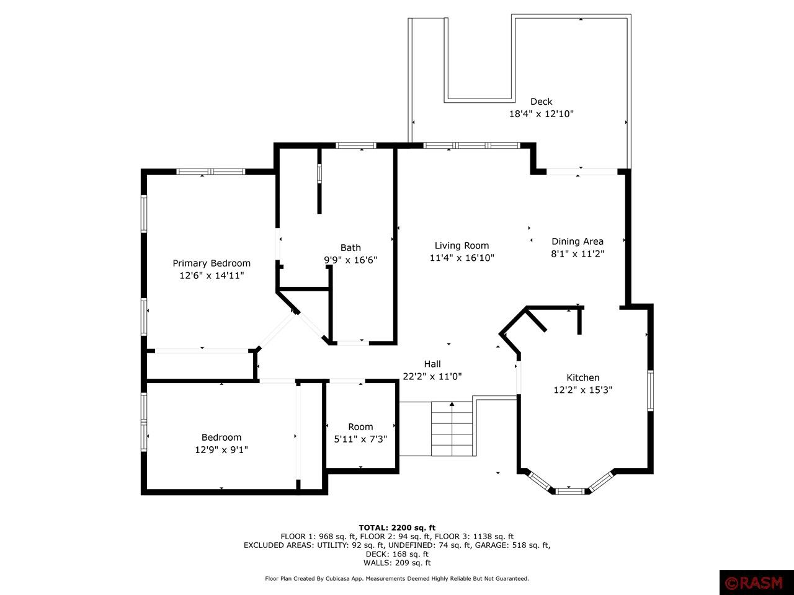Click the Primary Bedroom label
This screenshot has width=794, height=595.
pos(212,263)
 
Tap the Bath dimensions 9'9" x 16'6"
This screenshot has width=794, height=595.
pos(350,260)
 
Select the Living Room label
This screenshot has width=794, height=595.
pos(462,245)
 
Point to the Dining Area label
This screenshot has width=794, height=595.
pos(578,241)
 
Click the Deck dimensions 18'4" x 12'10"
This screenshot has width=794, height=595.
pos(542,114)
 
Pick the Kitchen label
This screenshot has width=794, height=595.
pos(582,377)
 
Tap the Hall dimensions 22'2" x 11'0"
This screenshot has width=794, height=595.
pos(432,376)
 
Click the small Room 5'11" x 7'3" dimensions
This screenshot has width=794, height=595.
pos(360,439)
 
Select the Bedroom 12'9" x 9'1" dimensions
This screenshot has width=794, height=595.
pos(221,450)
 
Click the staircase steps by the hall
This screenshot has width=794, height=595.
pos(452,428)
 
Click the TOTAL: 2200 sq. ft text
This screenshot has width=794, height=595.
pos(397,528)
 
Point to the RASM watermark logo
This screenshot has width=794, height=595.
pos(756,583)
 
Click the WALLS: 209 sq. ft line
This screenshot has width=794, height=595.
pos(397,563)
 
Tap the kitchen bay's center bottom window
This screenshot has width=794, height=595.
pos(569,491)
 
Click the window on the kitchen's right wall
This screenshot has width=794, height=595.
pos(650,390)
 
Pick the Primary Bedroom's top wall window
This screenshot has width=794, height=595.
pos(211,172)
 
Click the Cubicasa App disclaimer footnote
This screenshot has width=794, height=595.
pos(397,578)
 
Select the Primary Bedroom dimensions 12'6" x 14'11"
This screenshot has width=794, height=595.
pos(212,276)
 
